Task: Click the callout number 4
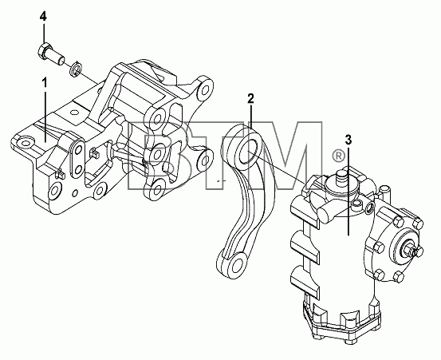click(43, 17)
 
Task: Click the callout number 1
click(45, 83)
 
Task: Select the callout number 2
click(250, 98)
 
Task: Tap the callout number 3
click(348, 140)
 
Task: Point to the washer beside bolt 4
click(75, 69)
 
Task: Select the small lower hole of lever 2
click(238, 265)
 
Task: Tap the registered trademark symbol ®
click(338, 156)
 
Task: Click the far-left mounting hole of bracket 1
click(26, 144)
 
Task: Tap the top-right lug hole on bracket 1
click(206, 89)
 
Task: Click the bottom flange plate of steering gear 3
click(341, 325)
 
